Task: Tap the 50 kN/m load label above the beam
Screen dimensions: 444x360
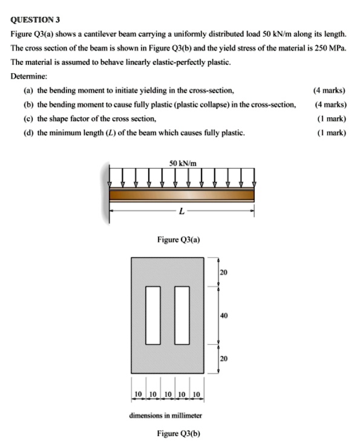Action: click(x=182, y=163)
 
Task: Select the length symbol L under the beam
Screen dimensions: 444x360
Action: click(x=180, y=211)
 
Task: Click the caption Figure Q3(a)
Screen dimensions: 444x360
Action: click(x=178, y=240)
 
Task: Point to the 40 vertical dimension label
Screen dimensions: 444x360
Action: click(x=224, y=315)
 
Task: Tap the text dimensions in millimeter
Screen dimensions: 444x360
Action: click(x=165, y=416)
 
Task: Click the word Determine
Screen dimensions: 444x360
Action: click(x=28, y=77)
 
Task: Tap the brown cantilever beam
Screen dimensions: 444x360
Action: click(x=182, y=195)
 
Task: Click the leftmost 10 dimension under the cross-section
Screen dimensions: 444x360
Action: click(x=137, y=394)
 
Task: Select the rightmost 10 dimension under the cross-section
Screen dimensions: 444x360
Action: click(x=197, y=394)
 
